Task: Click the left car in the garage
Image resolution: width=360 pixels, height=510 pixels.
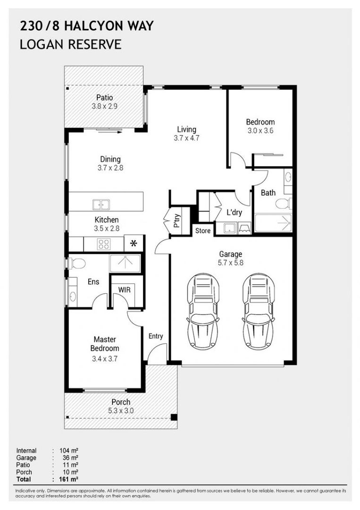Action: (203, 312)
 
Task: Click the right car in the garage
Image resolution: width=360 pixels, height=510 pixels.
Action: (259, 312)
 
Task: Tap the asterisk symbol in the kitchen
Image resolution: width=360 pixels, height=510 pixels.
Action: (134, 244)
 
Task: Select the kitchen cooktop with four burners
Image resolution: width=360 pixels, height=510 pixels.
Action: (103, 244)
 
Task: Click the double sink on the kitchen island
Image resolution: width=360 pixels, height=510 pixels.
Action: (100, 204)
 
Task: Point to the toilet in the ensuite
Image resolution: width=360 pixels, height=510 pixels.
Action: (77, 263)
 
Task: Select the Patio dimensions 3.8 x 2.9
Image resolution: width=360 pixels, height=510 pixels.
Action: (104, 107)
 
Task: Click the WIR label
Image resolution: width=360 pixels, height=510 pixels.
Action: (125, 290)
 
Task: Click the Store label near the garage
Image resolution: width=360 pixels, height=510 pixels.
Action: (203, 231)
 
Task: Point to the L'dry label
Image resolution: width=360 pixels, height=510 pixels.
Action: (234, 212)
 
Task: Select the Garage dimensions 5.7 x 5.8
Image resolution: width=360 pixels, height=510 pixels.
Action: (230, 263)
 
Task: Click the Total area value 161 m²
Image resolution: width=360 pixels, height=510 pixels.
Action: (70, 479)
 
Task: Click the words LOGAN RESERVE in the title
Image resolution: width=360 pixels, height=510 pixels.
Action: (71, 45)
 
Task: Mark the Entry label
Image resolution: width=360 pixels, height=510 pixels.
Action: (156, 336)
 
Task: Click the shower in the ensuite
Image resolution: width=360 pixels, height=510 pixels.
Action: (125, 263)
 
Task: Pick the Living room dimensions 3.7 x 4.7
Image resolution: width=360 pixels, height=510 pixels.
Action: (186, 138)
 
